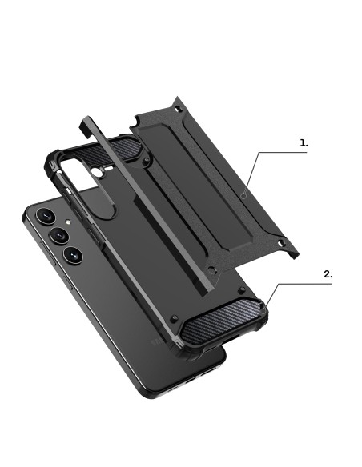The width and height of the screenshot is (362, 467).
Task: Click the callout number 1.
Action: (x=304, y=143)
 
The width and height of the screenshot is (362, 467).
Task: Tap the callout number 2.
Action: (x=328, y=274)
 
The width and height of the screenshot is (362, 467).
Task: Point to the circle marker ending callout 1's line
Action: (x=244, y=196)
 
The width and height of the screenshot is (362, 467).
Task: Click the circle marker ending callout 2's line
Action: (x=263, y=310)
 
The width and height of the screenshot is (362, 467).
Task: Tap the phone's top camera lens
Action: (x=46, y=215)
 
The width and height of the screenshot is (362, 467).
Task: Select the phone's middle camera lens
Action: (x=59, y=236)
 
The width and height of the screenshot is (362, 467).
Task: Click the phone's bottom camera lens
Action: (x=73, y=255)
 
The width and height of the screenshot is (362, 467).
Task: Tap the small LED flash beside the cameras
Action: (x=68, y=222)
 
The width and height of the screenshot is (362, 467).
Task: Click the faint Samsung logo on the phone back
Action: (x=158, y=342)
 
